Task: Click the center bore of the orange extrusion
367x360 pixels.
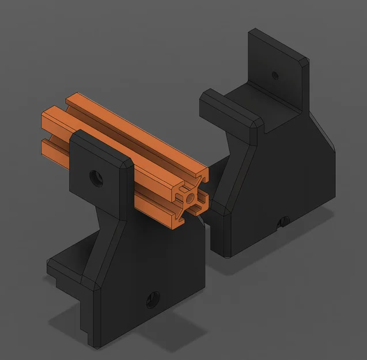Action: (191, 198)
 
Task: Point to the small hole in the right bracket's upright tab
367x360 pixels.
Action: (275, 75)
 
